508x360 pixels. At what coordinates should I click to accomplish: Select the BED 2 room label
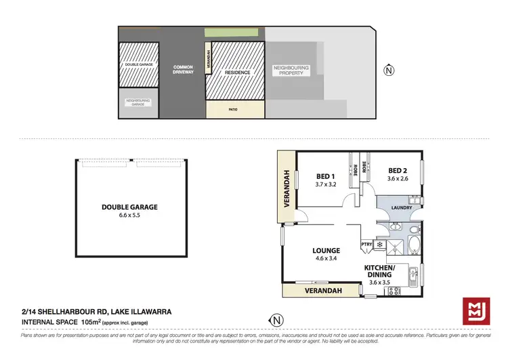pyautogui.click(x=398, y=171)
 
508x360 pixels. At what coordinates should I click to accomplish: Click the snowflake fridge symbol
pyautogui.click(x=379, y=245)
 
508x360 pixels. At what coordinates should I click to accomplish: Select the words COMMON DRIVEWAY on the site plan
pyautogui.click(x=183, y=69)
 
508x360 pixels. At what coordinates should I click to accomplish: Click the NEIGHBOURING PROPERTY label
pyautogui.click(x=291, y=71)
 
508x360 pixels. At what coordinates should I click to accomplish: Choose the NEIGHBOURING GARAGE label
pyautogui.click(x=138, y=102)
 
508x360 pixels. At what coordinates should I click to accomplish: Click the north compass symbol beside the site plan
pyautogui.click(x=388, y=69)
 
